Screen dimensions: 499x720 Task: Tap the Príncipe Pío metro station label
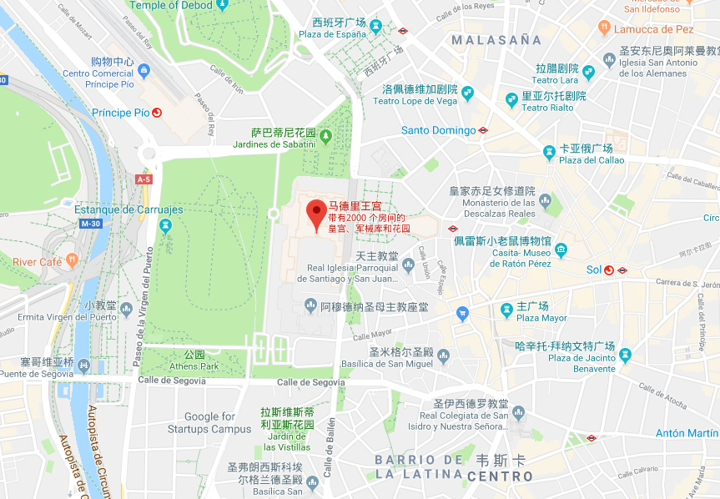coord(121,113)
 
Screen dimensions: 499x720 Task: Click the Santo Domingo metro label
coord(438,130)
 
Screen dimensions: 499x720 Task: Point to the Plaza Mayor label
coord(541,318)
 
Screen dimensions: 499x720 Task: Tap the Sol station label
coord(593,270)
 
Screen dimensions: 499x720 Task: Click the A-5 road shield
coord(143,179)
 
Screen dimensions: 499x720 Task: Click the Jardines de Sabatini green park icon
coord(326,135)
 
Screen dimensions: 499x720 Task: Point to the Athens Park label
coord(194,365)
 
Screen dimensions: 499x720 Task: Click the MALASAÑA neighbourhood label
coord(496,39)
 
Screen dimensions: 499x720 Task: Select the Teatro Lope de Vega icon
coord(467,92)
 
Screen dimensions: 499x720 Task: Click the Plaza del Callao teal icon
coord(549,152)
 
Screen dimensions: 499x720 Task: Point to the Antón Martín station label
coord(686,433)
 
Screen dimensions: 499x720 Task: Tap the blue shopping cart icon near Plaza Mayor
coord(463,314)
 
